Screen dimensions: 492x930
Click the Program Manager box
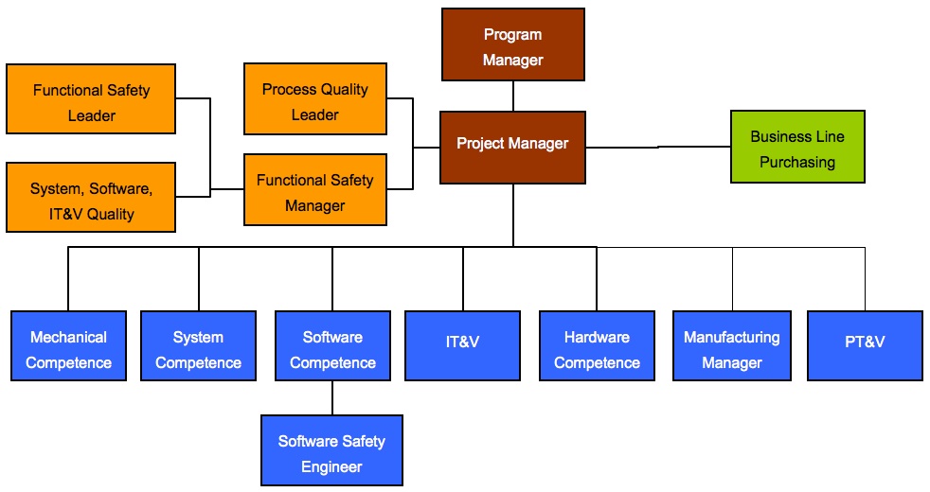pyautogui.click(x=512, y=45)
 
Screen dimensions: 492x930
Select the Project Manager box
pyautogui.click(x=512, y=147)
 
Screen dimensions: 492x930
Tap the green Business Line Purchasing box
pyautogui.click(x=797, y=147)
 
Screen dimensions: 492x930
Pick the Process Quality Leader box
pyautogui.click(x=314, y=99)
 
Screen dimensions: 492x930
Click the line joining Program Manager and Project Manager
pyautogui.click(x=513, y=96)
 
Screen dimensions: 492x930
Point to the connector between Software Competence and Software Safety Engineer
pyautogui.click(x=332, y=397)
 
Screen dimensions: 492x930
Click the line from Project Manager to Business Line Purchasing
pyautogui.click(x=658, y=147)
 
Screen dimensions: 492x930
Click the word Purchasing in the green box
pyautogui.click(x=797, y=162)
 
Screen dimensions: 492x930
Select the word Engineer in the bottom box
pyautogui.click(x=331, y=466)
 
